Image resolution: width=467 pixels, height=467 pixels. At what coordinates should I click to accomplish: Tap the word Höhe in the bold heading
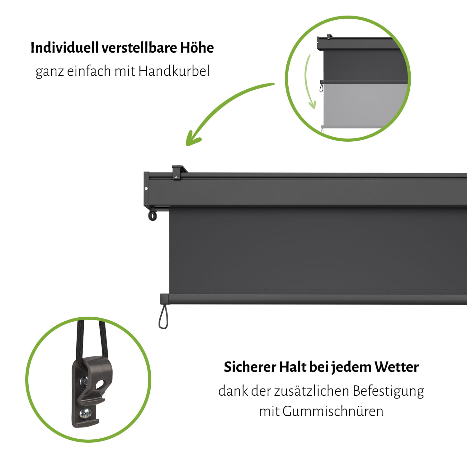(197, 48)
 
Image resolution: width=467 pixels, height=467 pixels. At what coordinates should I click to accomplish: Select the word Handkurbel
(174, 71)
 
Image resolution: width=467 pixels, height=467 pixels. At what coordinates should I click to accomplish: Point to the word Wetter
(396, 367)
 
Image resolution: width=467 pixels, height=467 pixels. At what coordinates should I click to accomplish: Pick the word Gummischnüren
(333, 411)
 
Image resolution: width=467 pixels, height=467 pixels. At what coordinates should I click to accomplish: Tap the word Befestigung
(388, 391)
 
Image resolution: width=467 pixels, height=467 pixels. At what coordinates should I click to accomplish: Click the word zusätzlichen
(312, 391)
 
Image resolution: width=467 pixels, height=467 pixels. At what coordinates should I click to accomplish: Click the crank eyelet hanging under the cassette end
(152, 215)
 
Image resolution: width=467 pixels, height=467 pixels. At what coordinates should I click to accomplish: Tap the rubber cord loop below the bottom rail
(163, 318)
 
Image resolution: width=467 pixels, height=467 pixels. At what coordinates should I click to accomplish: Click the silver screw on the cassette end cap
(146, 188)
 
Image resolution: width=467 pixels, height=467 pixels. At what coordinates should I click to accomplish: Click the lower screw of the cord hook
(84, 413)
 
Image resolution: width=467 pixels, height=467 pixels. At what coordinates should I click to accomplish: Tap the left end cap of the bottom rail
(164, 299)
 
